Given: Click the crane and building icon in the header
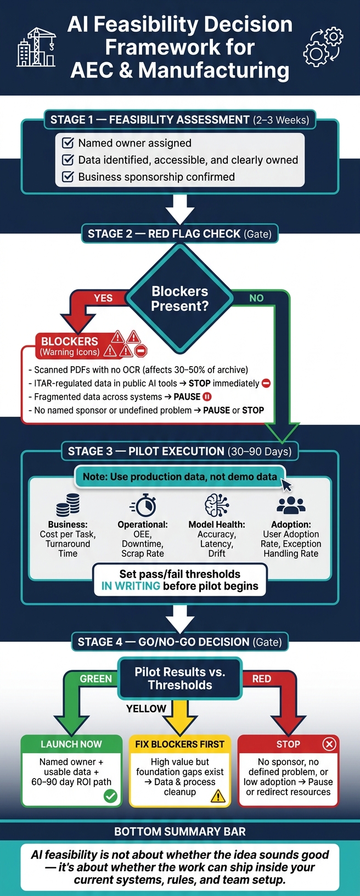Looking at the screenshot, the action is tap(36, 47).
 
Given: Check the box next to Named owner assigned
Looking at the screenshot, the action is tap(68, 143).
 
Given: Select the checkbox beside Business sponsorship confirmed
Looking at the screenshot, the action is tap(68, 176).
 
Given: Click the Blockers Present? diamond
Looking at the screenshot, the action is tap(180, 299).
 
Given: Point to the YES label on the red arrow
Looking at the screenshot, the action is tap(103, 298).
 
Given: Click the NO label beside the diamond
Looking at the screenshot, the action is tap(256, 298).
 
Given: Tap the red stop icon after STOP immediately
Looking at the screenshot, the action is tap(266, 383).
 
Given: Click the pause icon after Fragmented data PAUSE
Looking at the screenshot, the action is tap(207, 397).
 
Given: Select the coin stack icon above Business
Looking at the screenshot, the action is tap(67, 505).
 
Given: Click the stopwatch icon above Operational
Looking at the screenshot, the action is tap(143, 505).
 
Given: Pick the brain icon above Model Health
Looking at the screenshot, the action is tap(216, 505).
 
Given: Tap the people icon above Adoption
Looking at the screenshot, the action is tap(291, 505).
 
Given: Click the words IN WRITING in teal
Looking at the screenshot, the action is tap(131, 586).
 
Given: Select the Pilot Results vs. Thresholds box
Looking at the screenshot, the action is tap(180, 678).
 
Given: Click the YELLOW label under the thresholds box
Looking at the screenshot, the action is tap(146, 708).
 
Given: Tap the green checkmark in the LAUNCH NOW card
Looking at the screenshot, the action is tap(110, 796).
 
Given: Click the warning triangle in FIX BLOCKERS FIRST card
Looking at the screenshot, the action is tap(218, 796).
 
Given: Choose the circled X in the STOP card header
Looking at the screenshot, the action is tap(329, 744).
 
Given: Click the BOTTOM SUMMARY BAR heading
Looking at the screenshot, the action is tap(180, 832).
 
